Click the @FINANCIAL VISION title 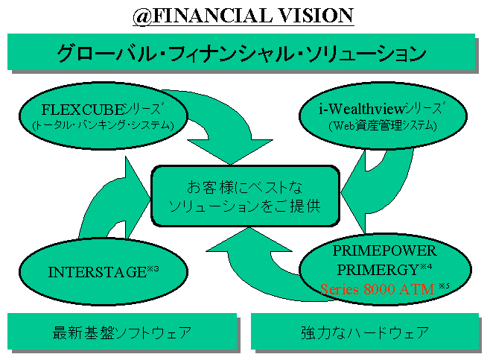tap(243, 14)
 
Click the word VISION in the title tap(314, 14)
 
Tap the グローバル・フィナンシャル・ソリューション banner tap(241, 53)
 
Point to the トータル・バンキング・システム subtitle tap(103, 125)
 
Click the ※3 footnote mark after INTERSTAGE tap(153, 268)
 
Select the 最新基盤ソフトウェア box tap(122, 332)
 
